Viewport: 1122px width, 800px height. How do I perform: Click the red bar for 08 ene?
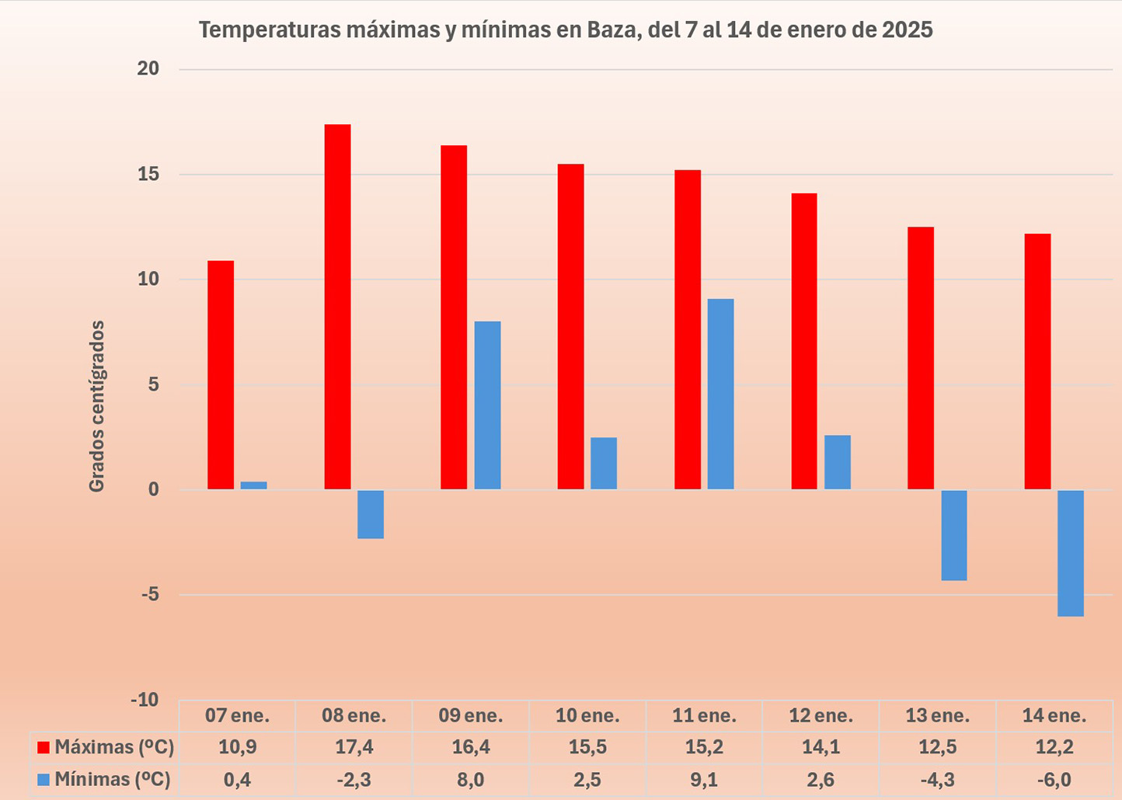click(337, 307)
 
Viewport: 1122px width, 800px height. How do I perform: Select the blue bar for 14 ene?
click(1070, 553)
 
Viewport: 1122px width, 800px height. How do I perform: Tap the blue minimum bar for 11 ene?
click(720, 394)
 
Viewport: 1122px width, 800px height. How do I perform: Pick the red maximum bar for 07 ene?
click(221, 375)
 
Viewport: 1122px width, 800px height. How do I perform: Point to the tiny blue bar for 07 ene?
click(253, 485)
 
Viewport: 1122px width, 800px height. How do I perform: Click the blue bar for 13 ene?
click(953, 535)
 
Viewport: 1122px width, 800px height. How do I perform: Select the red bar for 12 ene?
click(804, 341)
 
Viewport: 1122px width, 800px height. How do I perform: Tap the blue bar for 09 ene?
click(487, 405)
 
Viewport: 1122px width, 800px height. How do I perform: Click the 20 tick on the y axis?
click(148, 69)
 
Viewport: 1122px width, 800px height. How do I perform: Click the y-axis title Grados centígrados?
click(96, 405)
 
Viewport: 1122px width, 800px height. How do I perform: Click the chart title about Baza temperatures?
click(565, 30)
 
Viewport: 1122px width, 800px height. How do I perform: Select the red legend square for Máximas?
click(44, 748)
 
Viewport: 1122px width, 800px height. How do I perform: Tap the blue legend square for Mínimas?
click(44, 779)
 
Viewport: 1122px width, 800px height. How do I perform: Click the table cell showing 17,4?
click(354, 747)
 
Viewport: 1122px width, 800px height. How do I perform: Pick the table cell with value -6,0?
click(1054, 779)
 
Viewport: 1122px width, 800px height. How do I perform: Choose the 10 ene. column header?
click(587, 715)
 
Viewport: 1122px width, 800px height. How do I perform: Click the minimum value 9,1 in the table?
click(704, 779)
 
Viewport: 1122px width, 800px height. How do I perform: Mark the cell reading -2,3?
click(354, 779)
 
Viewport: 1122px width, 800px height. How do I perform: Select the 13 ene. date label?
click(937, 715)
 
